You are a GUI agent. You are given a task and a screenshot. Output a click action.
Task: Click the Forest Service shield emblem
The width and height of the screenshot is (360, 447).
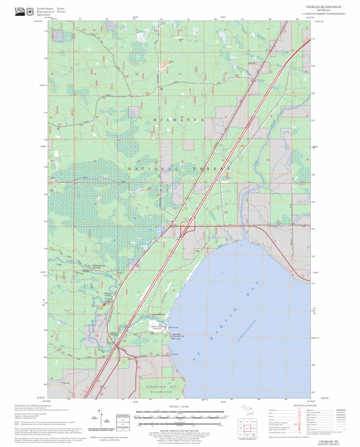click(30, 11)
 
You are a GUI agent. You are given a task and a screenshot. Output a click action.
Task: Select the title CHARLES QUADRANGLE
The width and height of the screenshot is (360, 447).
click(323, 7)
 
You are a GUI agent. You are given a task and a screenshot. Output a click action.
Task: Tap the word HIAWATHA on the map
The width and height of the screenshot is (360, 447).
click(178, 120)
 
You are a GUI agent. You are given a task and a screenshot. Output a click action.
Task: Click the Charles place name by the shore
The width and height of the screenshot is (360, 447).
click(177, 354)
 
